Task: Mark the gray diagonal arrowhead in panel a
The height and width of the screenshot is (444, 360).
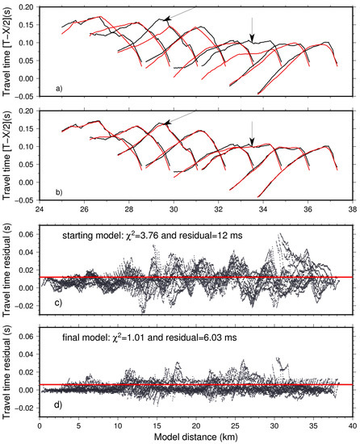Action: (x=166, y=18)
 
